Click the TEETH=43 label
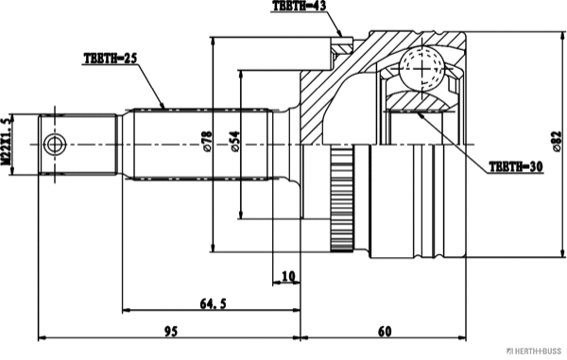[300, 7]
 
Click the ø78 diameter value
[207, 142]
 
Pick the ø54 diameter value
[235, 142]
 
